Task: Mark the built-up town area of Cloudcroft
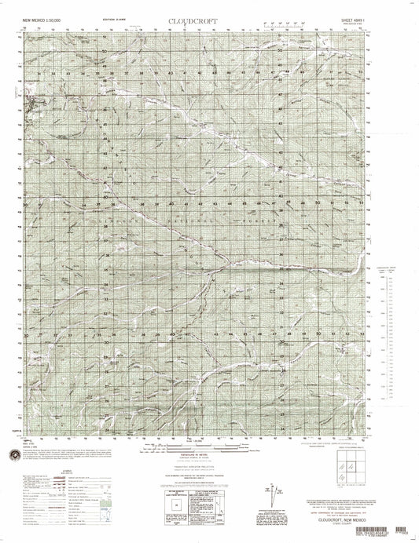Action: pyautogui.click(x=32, y=105)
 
